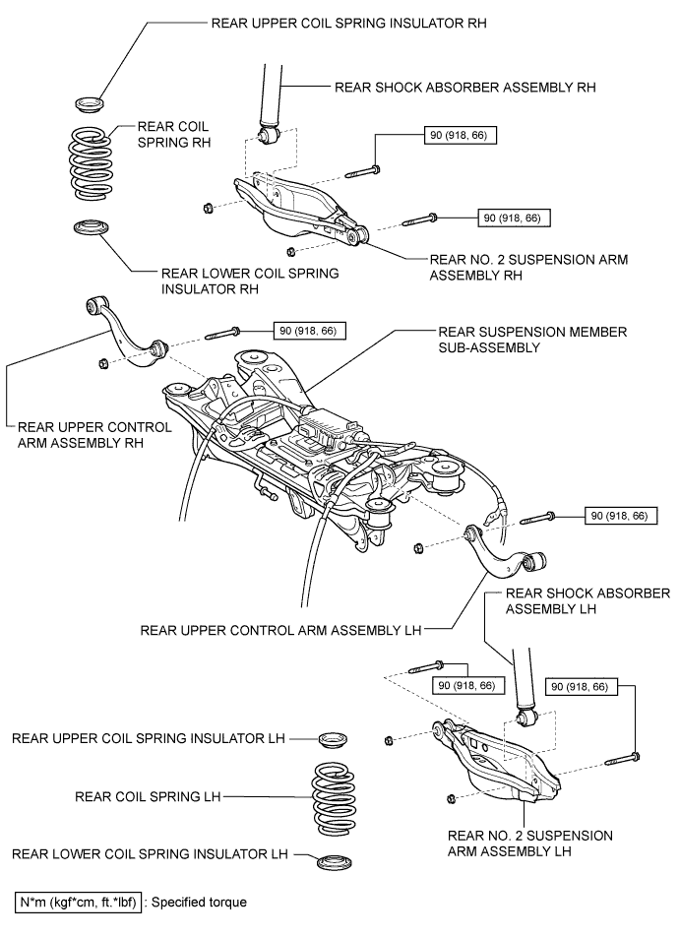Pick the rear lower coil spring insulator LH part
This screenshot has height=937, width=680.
(x=334, y=862)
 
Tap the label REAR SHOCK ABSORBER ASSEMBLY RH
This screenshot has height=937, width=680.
(x=464, y=88)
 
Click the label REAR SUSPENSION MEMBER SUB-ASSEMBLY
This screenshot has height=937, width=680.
(x=532, y=340)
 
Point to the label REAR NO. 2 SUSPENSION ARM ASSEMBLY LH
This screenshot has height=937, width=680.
(x=530, y=843)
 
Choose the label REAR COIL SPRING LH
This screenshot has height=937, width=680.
(x=148, y=796)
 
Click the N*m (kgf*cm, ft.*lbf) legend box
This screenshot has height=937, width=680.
(x=79, y=902)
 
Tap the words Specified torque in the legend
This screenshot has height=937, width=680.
(x=199, y=902)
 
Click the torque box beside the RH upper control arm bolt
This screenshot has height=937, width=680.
(x=309, y=331)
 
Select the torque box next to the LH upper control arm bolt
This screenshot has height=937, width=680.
(x=621, y=515)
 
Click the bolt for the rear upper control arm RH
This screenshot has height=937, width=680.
(x=222, y=334)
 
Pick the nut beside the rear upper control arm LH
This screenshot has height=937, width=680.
(x=419, y=547)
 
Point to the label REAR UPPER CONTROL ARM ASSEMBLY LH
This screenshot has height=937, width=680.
(x=280, y=631)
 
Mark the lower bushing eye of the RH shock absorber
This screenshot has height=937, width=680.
(x=269, y=136)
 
